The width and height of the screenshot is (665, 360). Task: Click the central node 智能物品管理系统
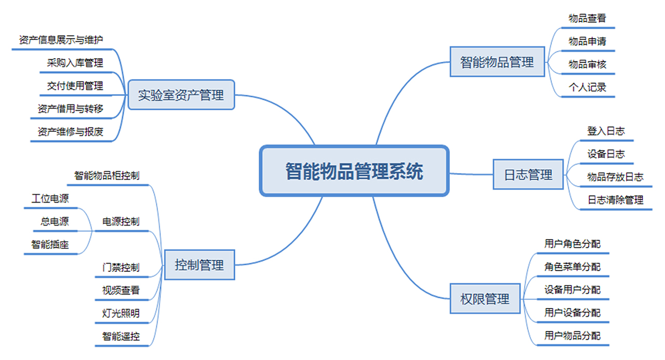coord(354,171)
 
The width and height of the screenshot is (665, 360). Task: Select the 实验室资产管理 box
coord(181,95)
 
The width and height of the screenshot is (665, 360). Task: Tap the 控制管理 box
coord(199,265)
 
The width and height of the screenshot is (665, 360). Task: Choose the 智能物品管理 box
coord(497,62)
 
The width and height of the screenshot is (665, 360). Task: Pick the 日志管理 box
coord(528,175)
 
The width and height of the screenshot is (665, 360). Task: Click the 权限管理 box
coord(485,299)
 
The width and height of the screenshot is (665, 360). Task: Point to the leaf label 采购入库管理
coord(75,63)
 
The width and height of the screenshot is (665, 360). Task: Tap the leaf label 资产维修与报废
coord(70,132)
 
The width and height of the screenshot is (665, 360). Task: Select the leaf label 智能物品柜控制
coord(107,176)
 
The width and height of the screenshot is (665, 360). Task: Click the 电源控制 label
coord(121,222)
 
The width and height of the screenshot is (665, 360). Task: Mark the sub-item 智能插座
coord(50,245)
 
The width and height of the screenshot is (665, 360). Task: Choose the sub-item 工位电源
coord(50,198)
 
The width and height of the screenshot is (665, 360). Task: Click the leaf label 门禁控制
coord(121,268)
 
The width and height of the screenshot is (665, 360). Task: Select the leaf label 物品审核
coord(587,64)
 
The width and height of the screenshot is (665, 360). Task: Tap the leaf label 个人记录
coord(587,87)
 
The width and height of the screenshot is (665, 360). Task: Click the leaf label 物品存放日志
coord(615,177)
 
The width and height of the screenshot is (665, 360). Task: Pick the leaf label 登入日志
coord(606,131)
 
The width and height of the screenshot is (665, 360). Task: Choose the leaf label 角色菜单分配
coord(573,267)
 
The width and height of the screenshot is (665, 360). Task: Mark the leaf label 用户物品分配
coord(573,336)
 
